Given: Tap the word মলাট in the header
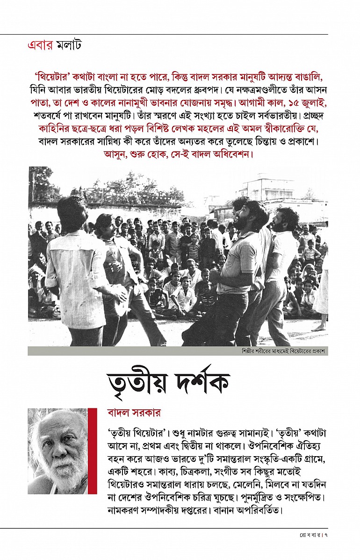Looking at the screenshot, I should coord(69,46).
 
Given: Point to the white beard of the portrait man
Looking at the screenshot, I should coord(61,473).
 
